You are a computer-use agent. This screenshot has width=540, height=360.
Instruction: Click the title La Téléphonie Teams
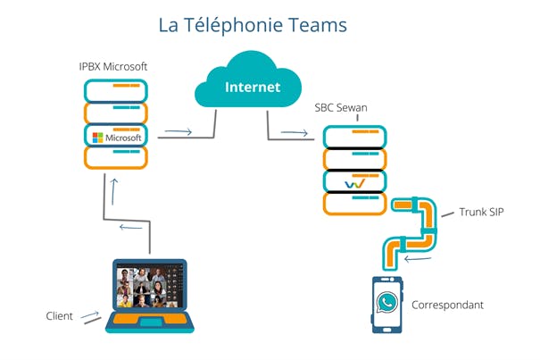tap(253, 24)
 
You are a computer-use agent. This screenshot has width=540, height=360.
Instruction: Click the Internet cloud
tap(253, 87)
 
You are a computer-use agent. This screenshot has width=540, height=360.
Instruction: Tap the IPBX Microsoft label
tap(114, 67)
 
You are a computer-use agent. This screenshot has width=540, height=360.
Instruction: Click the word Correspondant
tap(447, 305)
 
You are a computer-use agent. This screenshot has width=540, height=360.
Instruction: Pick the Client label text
tap(60, 316)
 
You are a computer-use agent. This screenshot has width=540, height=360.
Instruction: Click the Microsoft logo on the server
tap(115, 138)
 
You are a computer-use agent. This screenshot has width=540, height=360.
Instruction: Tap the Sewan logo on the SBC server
tap(355, 181)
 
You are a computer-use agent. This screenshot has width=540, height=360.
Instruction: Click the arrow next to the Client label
tap(89, 314)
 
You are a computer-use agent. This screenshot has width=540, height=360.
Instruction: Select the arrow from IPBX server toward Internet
tap(179, 132)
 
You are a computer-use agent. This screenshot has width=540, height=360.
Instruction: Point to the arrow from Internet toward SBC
tap(295, 134)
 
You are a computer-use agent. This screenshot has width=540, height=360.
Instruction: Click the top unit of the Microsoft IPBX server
tap(115, 90)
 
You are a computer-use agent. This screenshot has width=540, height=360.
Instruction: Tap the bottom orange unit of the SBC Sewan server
tap(355, 204)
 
